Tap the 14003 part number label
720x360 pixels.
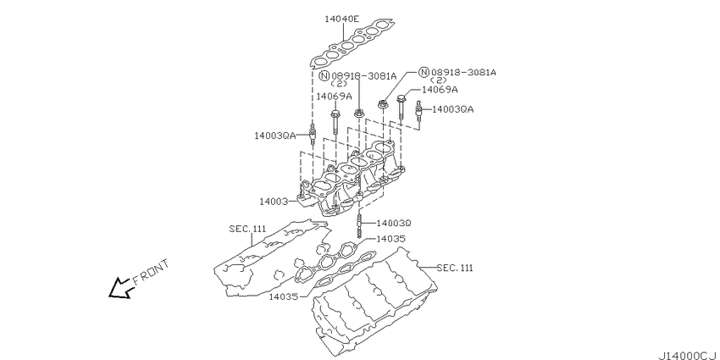coord(276,202)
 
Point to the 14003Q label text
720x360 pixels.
coord(393,223)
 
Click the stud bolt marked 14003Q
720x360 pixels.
coord(361,224)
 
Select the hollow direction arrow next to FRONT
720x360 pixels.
coord(119,289)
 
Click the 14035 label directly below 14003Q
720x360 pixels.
coord(390,239)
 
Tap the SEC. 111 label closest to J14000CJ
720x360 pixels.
coord(455,268)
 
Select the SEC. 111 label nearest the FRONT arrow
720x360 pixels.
coord(247,229)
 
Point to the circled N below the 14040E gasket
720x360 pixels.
coord(324,75)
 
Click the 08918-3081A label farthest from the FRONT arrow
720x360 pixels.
coord(462,73)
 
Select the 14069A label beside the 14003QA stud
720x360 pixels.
coord(439,90)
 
